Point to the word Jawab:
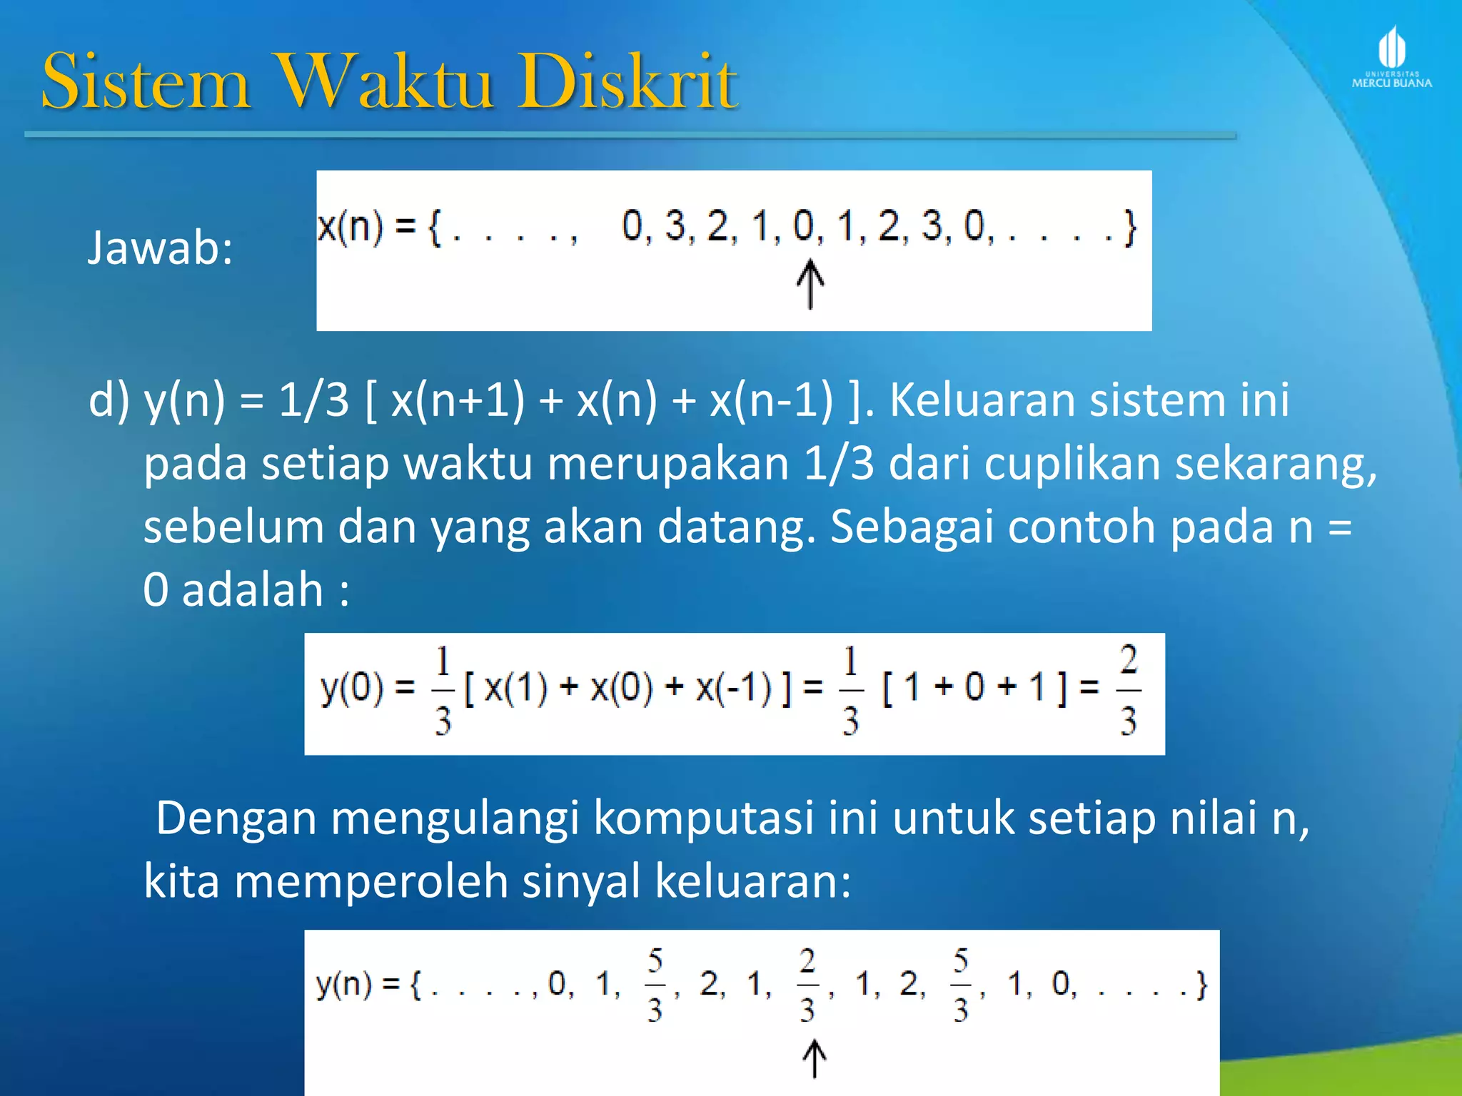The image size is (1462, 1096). [160, 248]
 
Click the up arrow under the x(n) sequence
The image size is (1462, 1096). [810, 284]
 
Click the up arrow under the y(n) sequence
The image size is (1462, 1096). [814, 1058]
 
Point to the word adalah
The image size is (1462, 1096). [253, 590]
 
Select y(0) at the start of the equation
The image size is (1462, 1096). [352, 688]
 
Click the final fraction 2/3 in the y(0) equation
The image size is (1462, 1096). [1128, 690]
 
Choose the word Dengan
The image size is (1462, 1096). [236, 818]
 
